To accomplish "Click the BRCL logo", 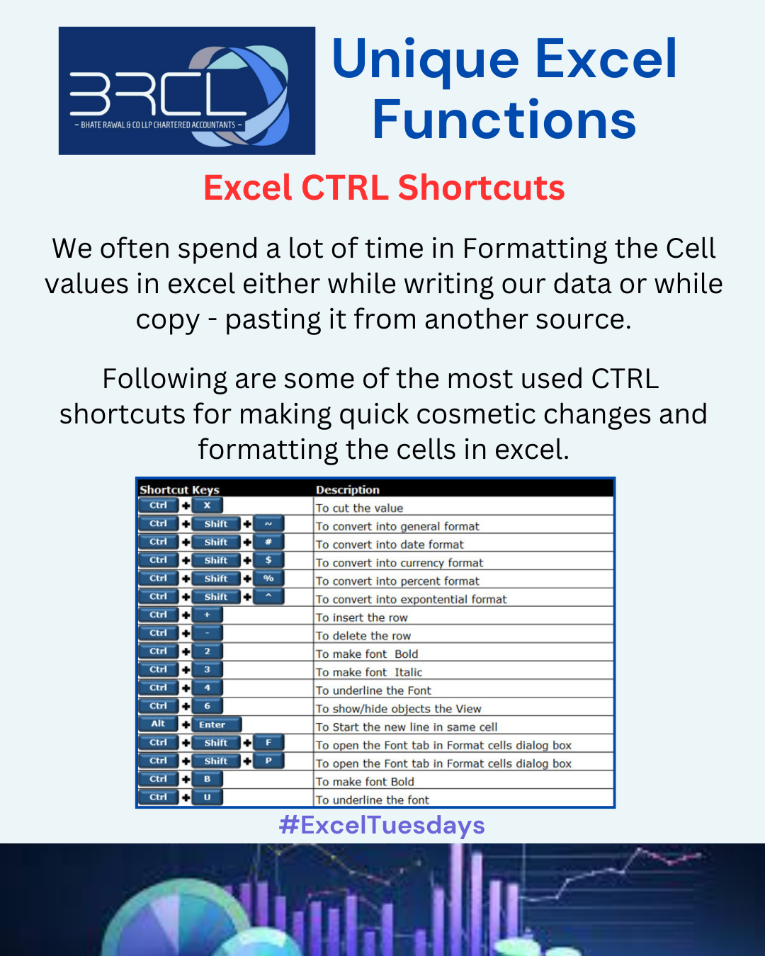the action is [x=187, y=91].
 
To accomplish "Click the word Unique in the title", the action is [x=426, y=60].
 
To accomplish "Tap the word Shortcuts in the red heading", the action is [x=481, y=188].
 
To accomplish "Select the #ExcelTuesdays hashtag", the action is [x=382, y=825].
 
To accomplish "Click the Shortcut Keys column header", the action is [x=180, y=489].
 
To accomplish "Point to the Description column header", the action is [x=348, y=489].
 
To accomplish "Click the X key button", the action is [x=207, y=505].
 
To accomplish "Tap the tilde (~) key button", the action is [x=268, y=524].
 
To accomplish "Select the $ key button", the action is [x=268, y=560].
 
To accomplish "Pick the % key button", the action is [x=268, y=579].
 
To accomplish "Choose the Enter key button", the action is [x=217, y=724].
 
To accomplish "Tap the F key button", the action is [x=268, y=742].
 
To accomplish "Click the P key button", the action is [x=268, y=761].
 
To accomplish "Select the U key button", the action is [x=207, y=797].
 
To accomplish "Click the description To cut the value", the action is [x=359, y=508].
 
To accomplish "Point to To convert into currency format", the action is [x=399, y=563].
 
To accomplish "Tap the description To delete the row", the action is [x=363, y=636].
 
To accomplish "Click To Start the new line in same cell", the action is [x=407, y=727].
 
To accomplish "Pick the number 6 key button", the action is [x=207, y=706].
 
